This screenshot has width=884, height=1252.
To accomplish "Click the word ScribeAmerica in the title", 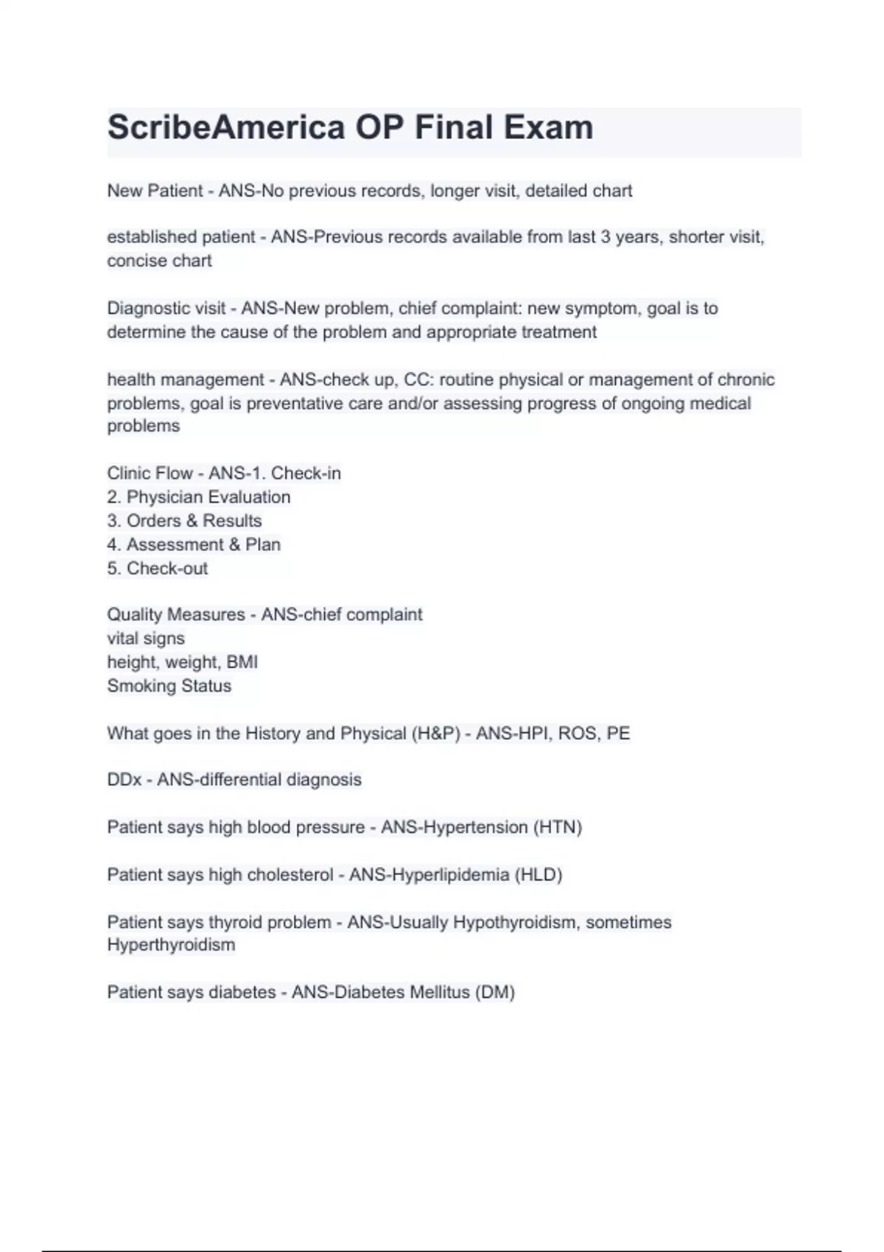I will point(226,128).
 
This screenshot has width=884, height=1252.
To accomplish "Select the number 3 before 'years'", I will point(605,237).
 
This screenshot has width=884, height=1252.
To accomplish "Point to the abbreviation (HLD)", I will point(539,875).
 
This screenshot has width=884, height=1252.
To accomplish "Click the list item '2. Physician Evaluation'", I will point(199,497).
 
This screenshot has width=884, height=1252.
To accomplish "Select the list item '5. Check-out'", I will point(158,569).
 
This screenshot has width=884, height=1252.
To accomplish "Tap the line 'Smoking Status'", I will point(169,686).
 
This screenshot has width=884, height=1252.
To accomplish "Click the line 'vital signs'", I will point(146,639).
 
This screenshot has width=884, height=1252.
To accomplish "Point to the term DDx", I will point(124,780).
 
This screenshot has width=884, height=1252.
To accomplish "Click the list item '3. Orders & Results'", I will point(184,521).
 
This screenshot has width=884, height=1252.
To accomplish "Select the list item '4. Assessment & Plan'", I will point(194,545).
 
